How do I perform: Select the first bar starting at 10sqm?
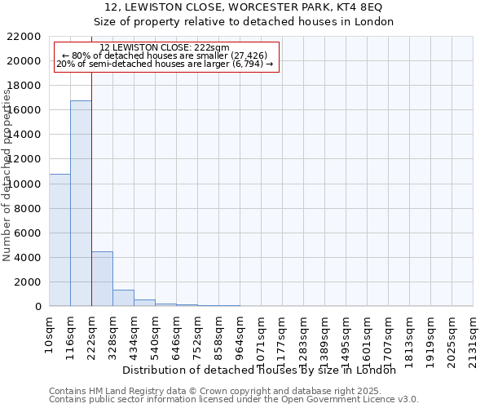tap(59, 240)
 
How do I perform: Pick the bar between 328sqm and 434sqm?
tap(123, 298)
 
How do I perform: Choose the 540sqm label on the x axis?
tap(155, 335)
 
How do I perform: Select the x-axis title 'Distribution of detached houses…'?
tap(264, 370)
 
